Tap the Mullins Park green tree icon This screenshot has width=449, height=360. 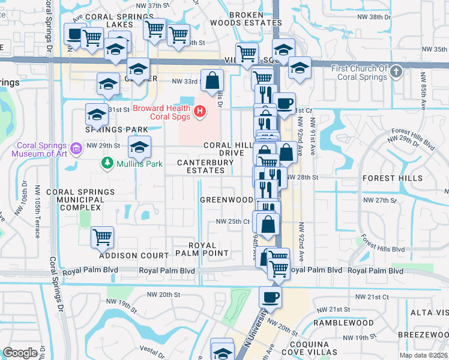click(x=107, y=163)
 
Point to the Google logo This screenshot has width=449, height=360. click(x=20, y=353)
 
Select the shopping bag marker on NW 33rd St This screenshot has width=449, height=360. click(x=212, y=80)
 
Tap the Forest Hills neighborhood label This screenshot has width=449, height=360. click(x=387, y=178)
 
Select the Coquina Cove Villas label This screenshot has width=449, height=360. click(x=312, y=348)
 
